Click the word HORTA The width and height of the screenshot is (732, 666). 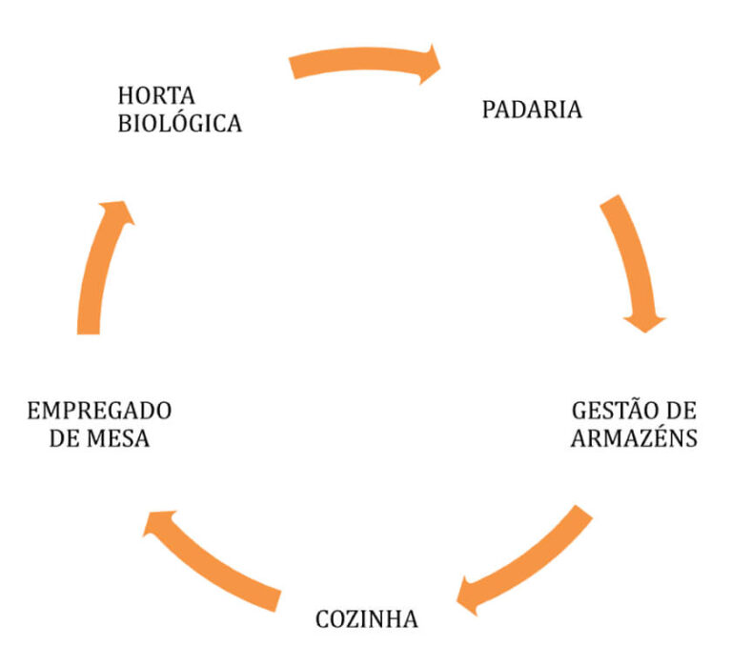tap(156, 95)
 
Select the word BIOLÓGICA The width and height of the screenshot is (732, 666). tap(180, 124)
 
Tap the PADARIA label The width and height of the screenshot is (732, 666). tap(532, 111)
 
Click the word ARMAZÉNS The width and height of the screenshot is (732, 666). tap(634, 438)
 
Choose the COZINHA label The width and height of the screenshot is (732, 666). tap(366, 619)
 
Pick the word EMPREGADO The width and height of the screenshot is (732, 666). tap(99, 412)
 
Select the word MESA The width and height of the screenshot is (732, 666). tap(118, 438)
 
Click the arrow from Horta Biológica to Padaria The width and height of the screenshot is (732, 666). tap(364, 58)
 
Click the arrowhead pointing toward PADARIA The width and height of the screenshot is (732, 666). tap(430, 65)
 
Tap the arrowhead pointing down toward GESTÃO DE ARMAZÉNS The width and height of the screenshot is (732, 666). tap(644, 323)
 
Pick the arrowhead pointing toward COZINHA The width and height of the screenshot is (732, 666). tap(468, 596)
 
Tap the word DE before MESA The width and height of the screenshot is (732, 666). tap(63, 438)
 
